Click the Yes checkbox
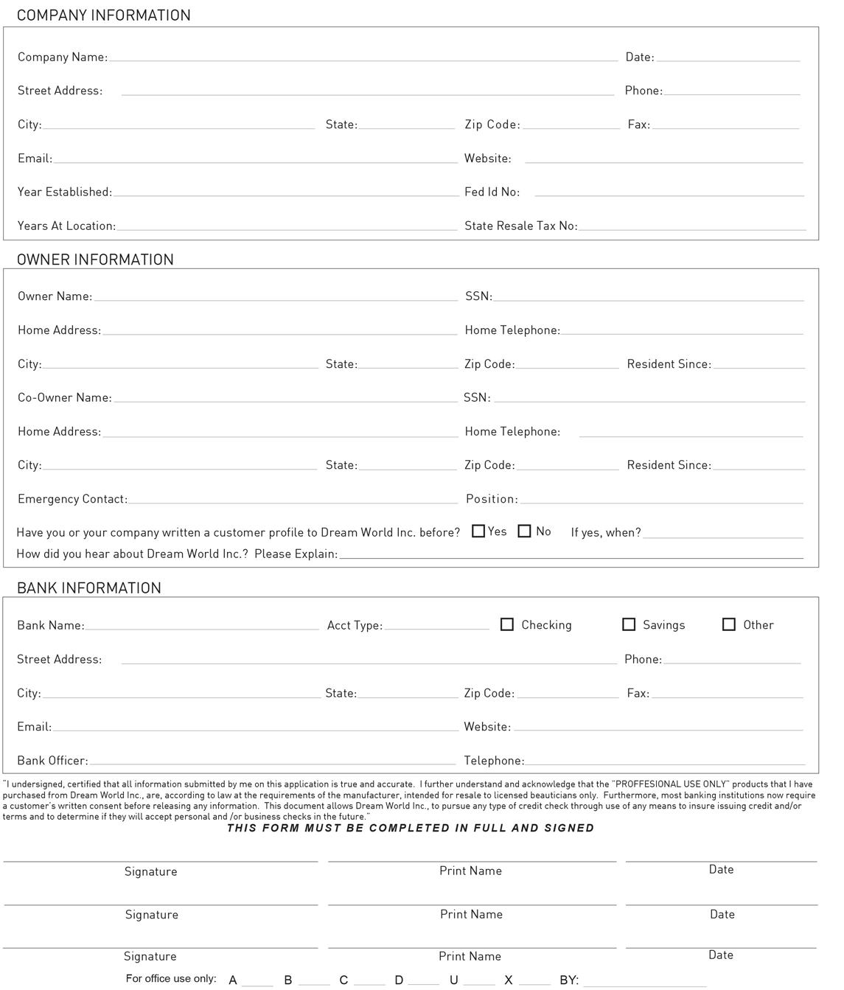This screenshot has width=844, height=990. [x=478, y=531]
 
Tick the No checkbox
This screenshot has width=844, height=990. [x=525, y=531]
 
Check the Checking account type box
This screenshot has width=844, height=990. [x=507, y=624]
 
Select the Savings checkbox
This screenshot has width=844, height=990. [x=629, y=624]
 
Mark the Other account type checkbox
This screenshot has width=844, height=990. [x=729, y=624]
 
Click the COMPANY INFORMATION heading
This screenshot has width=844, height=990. [x=103, y=15]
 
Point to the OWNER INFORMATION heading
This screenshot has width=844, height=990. [x=95, y=259]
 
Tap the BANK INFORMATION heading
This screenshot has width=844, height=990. [x=88, y=588]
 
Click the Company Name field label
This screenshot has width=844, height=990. [x=63, y=57]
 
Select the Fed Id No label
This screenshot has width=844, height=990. [x=492, y=192]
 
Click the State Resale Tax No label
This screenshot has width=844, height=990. [x=520, y=226]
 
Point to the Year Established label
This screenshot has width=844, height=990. [x=65, y=192]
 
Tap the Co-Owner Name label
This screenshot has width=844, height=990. [x=65, y=398]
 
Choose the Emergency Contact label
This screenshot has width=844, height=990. [x=72, y=499]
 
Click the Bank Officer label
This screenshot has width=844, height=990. [x=52, y=761]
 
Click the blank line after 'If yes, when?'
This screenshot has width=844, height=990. [x=722, y=534]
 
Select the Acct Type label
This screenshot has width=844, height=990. [x=355, y=626]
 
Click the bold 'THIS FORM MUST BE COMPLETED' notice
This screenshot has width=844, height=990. [x=411, y=828]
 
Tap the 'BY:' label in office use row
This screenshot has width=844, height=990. [x=569, y=980]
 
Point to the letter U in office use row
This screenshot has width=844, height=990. [x=454, y=980]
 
